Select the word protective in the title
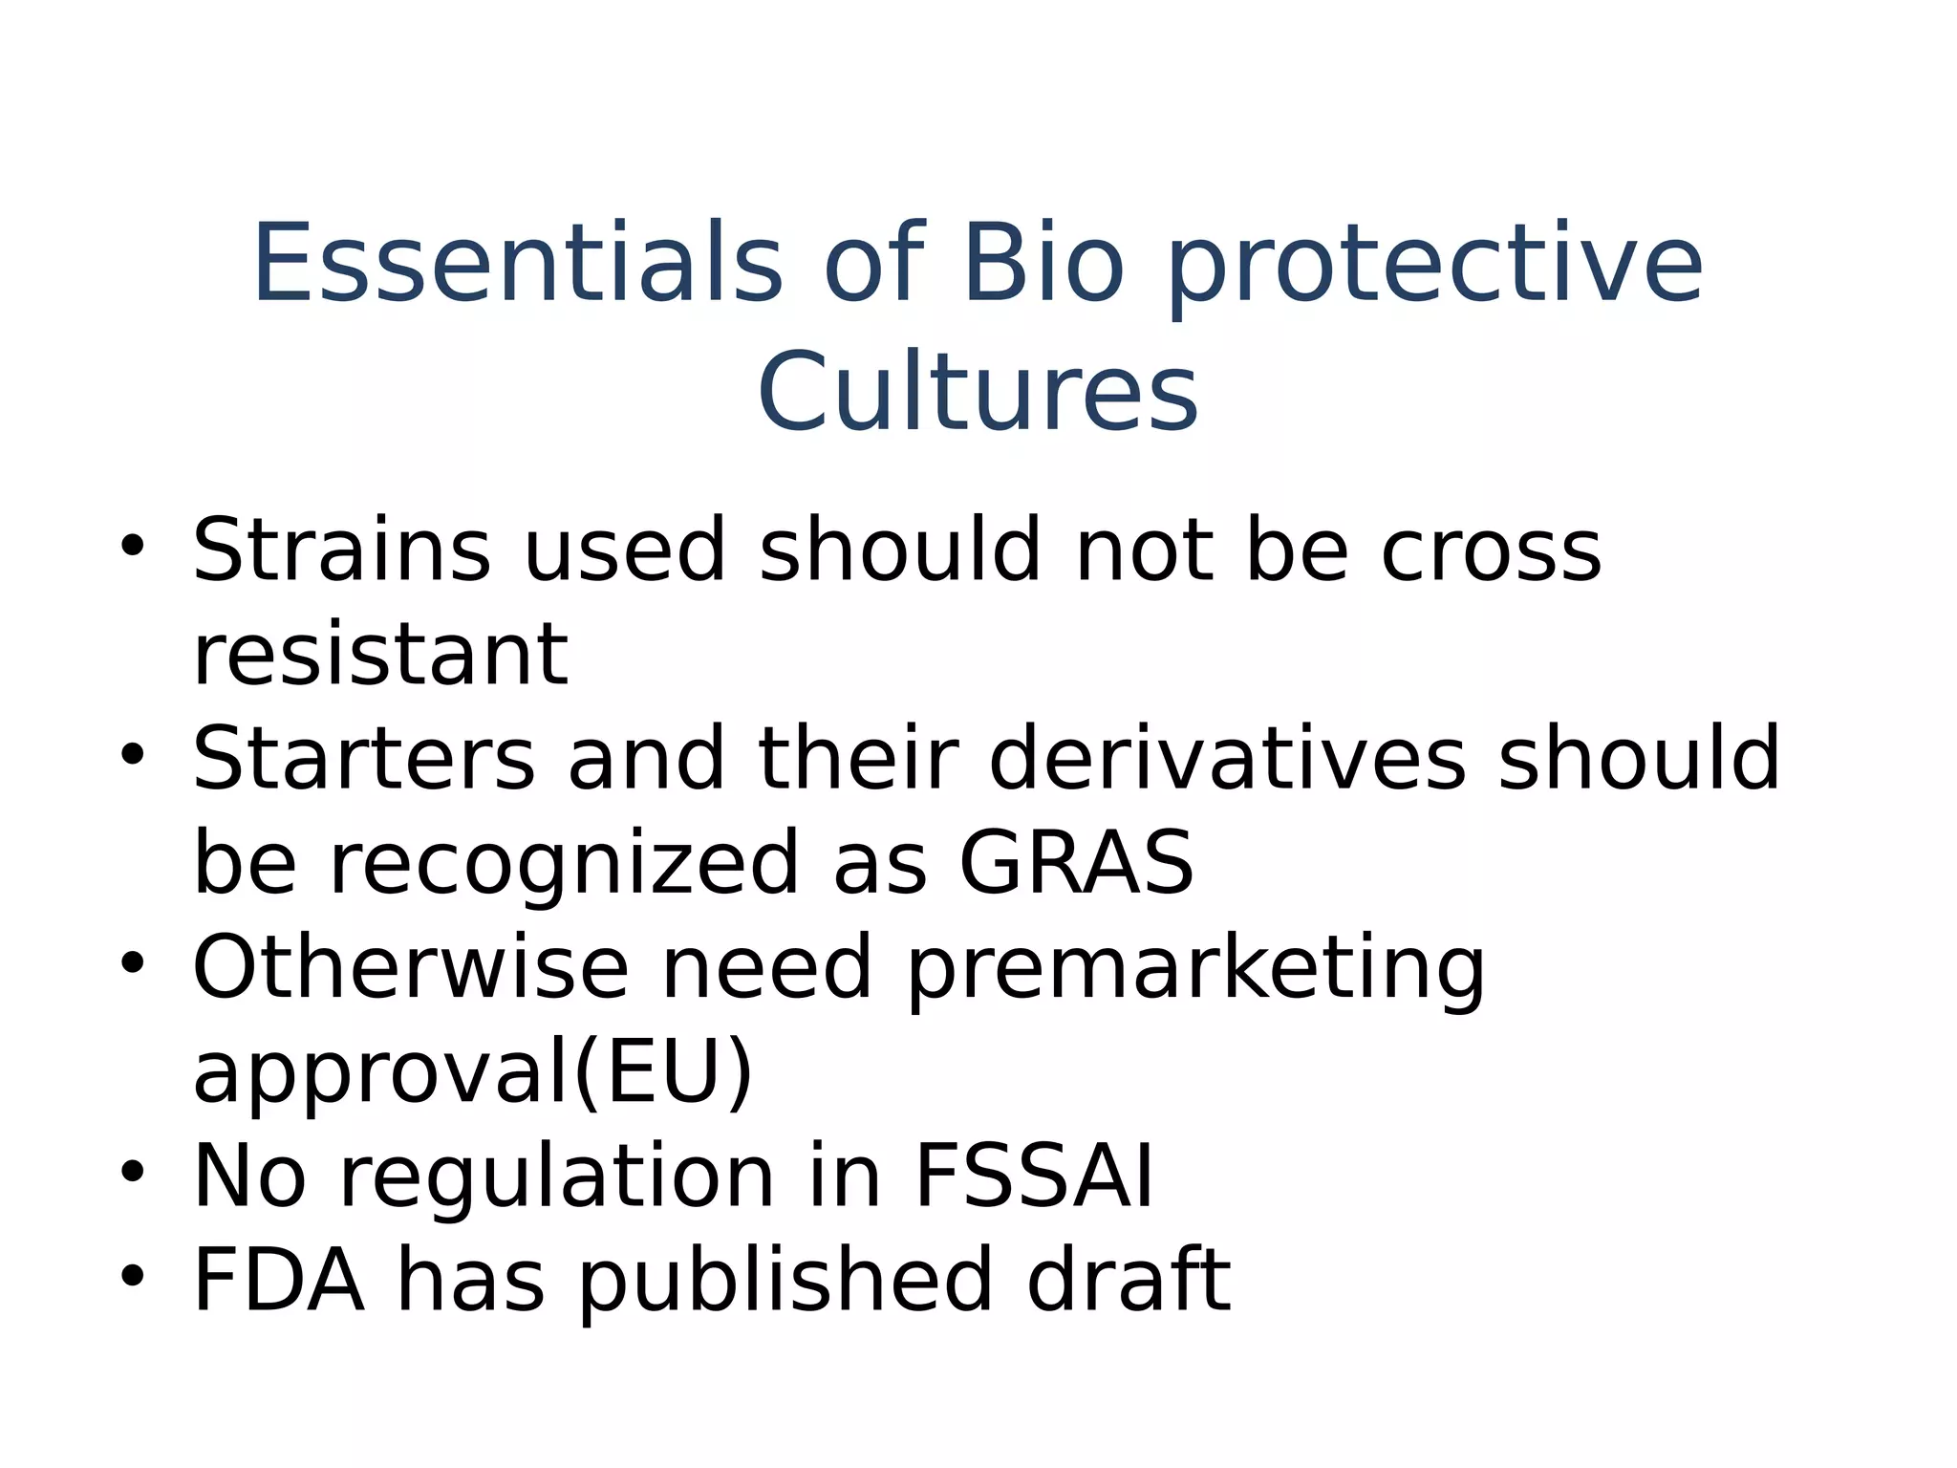pos(1435,268)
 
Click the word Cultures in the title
pos(977,392)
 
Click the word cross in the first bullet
pos(1491,552)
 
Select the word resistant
pos(380,655)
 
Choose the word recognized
pos(563,865)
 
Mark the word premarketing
pos(1195,970)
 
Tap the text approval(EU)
pos(473,1074)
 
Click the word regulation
pos(557,1178)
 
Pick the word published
pos(785,1282)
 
